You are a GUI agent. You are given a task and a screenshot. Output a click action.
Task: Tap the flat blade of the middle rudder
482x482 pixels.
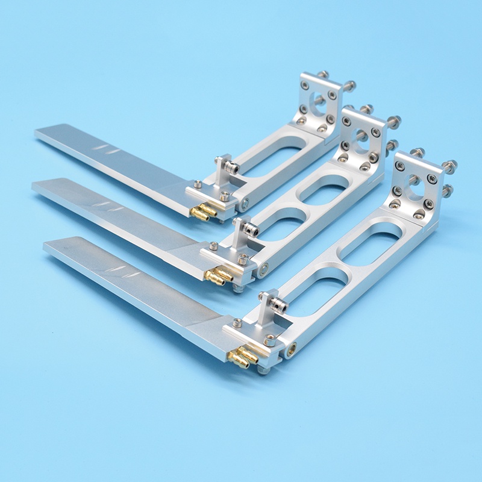click(x=108, y=211)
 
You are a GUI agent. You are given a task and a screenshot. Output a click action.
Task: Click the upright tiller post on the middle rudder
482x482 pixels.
click(x=243, y=231)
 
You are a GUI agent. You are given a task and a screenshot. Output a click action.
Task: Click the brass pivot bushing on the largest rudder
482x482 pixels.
click(x=292, y=348)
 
